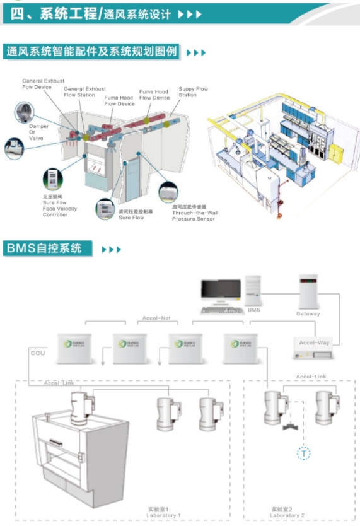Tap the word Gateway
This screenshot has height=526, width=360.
(308, 313)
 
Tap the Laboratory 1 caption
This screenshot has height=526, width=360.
(163, 515)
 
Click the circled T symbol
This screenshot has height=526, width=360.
(304, 453)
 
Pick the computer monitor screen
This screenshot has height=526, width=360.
(221, 291)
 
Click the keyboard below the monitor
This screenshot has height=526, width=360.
(221, 310)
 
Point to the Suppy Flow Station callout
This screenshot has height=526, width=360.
(192, 92)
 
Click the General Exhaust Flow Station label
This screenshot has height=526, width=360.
(84, 92)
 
